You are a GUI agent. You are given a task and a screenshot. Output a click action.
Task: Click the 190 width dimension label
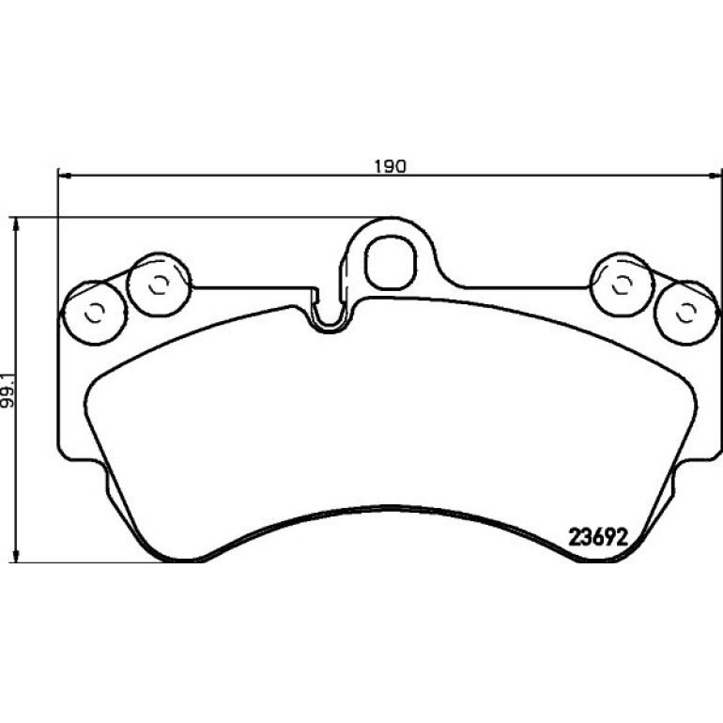pos(390,166)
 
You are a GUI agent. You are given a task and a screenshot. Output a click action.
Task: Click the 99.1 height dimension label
pos(8,390)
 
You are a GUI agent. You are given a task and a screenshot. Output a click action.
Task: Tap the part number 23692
pos(598,537)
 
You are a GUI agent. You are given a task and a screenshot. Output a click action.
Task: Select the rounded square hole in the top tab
pos(390,262)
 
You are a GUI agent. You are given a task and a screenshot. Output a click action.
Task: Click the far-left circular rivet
pos(95,313)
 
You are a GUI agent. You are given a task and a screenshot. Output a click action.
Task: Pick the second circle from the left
pos(159,285)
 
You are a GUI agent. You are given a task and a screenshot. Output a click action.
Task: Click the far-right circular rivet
pos(686,313)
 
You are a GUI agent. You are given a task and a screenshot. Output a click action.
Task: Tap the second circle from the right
pos(622,285)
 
